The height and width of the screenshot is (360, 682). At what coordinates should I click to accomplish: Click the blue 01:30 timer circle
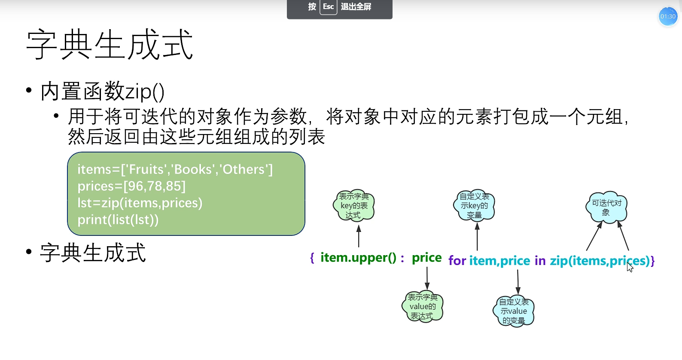pyautogui.click(x=668, y=17)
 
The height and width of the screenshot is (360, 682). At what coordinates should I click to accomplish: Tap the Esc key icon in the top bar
pyautogui.click(x=328, y=7)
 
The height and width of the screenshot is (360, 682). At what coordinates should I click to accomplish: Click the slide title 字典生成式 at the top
pyautogui.click(x=110, y=45)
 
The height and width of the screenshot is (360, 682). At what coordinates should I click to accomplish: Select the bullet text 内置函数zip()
pyautogui.click(x=102, y=92)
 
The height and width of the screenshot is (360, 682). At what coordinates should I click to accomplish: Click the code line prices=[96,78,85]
pyautogui.click(x=131, y=186)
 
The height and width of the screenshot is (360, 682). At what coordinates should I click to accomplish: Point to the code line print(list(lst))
pyautogui.click(x=118, y=220)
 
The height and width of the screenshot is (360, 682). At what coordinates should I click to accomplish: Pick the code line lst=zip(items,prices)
pyautogui.click(x=140, y=203)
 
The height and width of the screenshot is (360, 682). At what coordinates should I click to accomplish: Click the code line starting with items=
pyautogui.click(x=175, y=169)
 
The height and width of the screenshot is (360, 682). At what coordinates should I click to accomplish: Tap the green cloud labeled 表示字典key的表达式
pyautogui.click(x=354, y=206)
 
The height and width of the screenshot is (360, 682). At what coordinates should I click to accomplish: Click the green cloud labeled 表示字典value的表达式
pyautogui.click(x=423, y=306)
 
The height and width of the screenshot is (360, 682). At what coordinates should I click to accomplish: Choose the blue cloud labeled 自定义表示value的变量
pyautogui.click(x=514, y=311)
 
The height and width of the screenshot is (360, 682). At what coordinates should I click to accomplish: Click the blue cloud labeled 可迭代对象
pyautogui.click(x=606, y=207)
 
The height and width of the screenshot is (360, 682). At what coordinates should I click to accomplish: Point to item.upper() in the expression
pyautogui.click(x=358, y=258)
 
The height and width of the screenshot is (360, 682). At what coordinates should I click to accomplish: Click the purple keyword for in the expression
pyautogui.click(x=457, y=261)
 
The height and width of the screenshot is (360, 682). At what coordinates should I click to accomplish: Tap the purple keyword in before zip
pyautogui.click(x=540, y=261)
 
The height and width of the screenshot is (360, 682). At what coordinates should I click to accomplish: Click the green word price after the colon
pyautogui.click(x=426, y=258)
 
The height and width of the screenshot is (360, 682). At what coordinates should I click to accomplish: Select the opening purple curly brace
pyautogui.click(x=312, y=258)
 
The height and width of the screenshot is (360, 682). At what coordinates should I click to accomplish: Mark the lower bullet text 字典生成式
pyautogui.click(x=93, y=253)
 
